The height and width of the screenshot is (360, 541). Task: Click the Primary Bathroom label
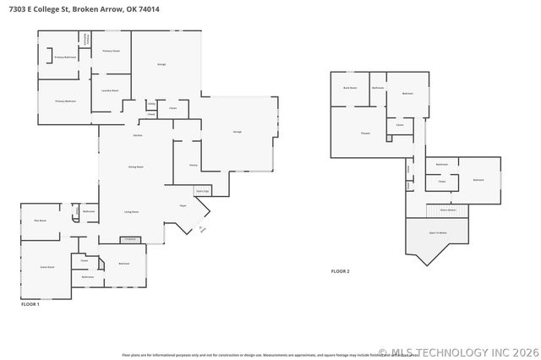pyautogui.click(x=66, y=57)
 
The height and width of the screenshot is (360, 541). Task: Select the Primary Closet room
pyautogui.click(x=112, y=52)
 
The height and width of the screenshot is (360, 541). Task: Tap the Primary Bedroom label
pyautogui.click(x=67, y=101)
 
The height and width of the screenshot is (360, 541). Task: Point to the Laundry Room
pyautogui.click(x=109, y=90)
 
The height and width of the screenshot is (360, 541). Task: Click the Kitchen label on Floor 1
pyautogui.click(x=137, y=136)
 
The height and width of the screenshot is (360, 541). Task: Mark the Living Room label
pyautogui.click(x=132, y=211)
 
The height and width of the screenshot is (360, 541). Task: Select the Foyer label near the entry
pyautogui.click(x=182, y=205)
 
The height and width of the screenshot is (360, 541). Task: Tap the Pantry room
pyautogui.click(x=193, y=165)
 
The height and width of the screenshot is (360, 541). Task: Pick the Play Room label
pyautogui.click(x=40, y=221)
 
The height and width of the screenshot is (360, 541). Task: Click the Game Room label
pyautogui.click(x=47, y=267)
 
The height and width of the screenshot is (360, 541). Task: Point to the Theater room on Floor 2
pyautogui.click(x=365, y=134)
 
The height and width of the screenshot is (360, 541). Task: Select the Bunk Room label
pyautogui.click(x=349, y=88)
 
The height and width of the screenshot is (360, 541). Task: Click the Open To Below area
pyautogui.click(x=437, y=232)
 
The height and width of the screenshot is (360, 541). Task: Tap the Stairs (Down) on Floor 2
pyautogui.click(x=446, y=210)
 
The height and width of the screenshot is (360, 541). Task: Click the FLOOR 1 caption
pyautogui.click(x=30, y=303)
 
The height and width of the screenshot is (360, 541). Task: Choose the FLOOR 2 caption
pyautogui.click(x=340, y=271)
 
